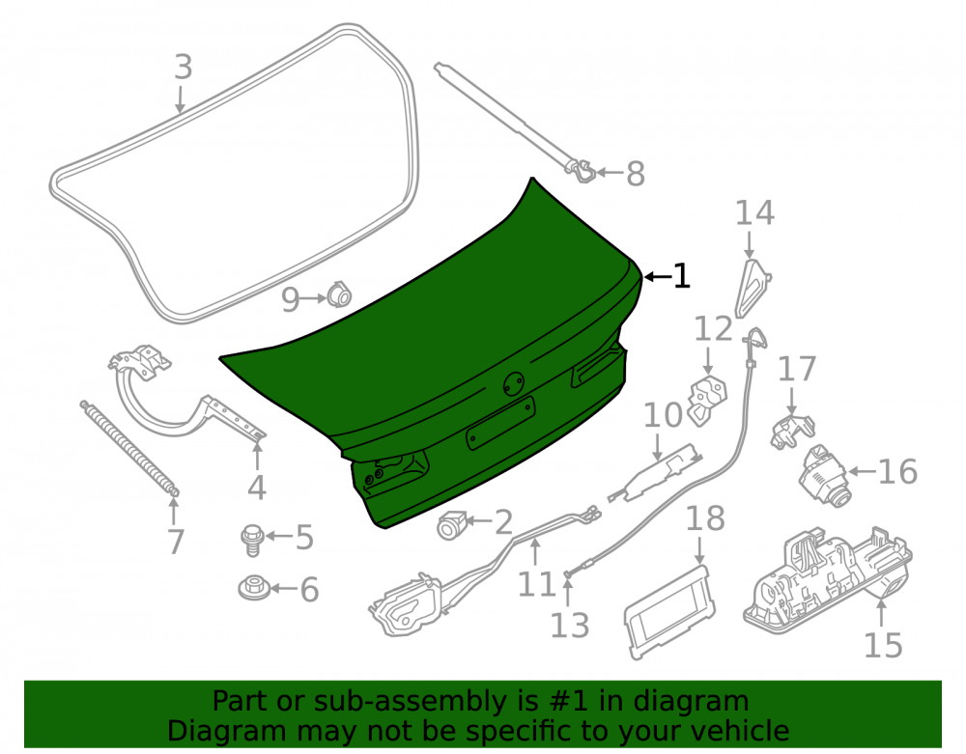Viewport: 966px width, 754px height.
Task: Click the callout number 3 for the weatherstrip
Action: tap(183, 67)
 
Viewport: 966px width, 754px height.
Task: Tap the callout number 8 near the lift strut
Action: tap(636, 173)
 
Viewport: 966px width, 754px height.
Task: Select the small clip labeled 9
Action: tap(338, 294)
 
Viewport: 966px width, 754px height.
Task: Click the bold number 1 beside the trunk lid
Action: tap(681, 276)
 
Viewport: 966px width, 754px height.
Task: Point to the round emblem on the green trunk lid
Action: tap(513, 384)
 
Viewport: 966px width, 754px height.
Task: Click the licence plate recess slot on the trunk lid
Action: tap(500, 423)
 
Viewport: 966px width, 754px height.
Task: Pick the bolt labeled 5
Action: tap(252, 540)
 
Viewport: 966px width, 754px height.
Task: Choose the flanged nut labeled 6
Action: tap(254, 588)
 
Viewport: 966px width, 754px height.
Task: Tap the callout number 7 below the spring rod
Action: tap(176, 542)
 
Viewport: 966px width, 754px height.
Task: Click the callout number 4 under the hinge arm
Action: tap(256, 488)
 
